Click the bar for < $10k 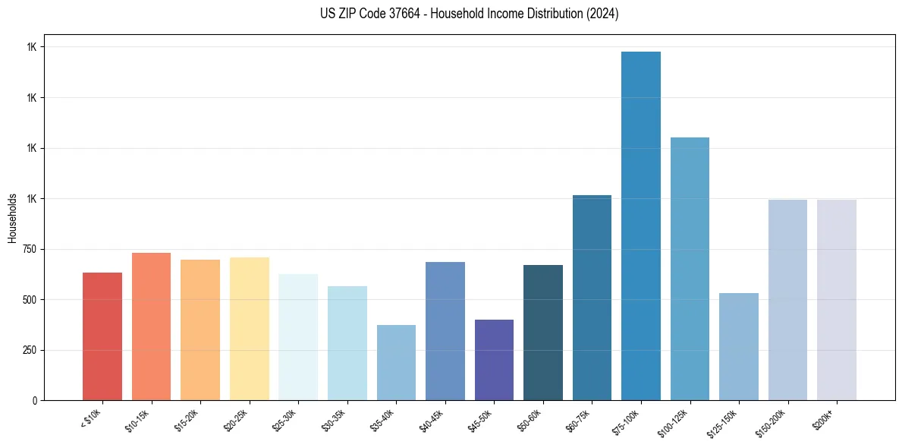click(102, 336)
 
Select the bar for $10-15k click(151, 327)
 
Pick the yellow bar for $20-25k click(249, 329)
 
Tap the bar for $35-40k click(396, 363)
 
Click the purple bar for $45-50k click(494, 360)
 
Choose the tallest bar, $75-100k click(640, 226)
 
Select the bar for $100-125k click(690, 269)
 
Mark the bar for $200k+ click(836, 300)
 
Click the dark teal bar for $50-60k click(542, 333)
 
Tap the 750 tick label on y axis click(30, 249)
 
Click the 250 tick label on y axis click(30, 350)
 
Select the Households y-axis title click(12, 218)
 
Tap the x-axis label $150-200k click(773, 422)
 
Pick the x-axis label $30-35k click(335, 420)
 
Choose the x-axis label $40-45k click(432, 420)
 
